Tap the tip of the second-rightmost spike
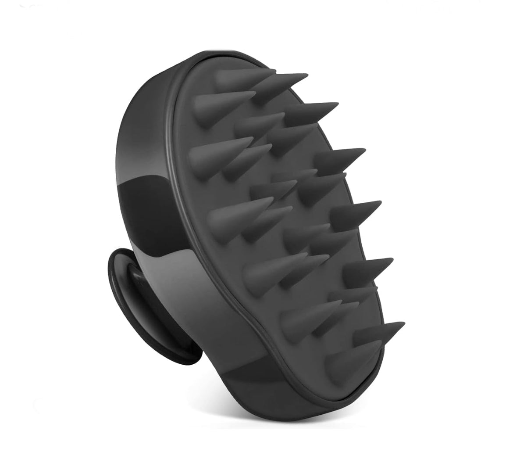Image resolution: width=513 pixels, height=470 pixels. [x=392, y=260]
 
